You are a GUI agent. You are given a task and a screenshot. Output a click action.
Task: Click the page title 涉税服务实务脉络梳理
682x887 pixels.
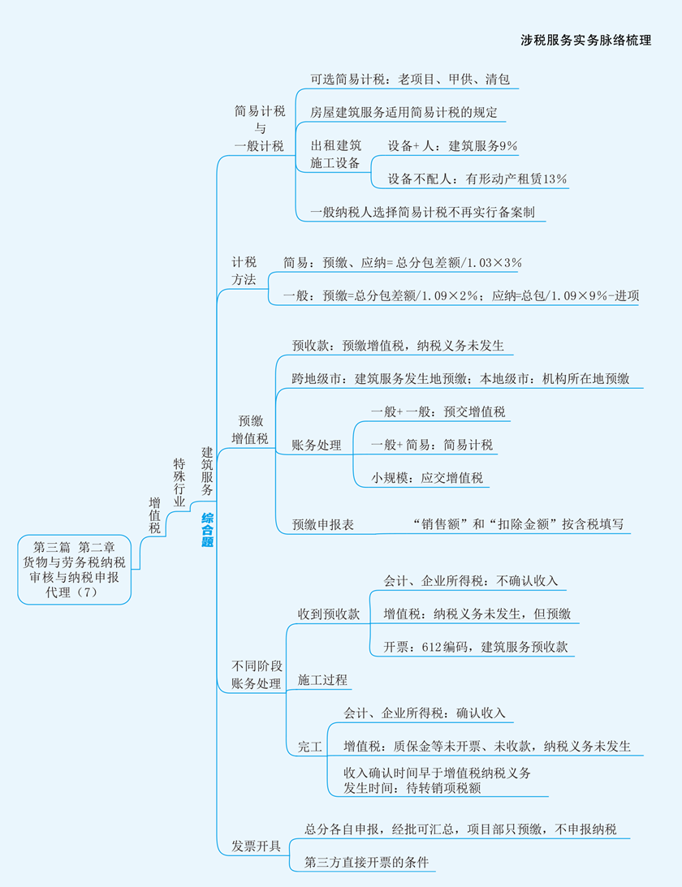[x=585, y=40]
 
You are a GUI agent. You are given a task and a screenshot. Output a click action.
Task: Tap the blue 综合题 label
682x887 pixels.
[x=207, y=530]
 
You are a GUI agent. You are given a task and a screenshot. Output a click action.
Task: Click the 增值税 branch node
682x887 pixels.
[x=154, y=515]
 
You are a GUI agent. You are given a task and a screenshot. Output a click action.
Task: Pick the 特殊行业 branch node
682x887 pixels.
[x=179, y=482]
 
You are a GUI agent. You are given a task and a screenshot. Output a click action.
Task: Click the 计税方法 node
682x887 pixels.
[x=244, y=270]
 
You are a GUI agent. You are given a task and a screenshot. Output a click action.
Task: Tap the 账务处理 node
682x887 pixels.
[x=317, y=446]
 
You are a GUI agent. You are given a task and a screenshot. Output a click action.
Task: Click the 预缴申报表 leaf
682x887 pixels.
[x=323, y=525]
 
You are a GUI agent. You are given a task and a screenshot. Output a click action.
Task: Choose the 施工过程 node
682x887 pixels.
[x=322, y=678]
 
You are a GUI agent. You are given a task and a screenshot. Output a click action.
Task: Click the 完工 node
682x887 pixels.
[x=310, y=746]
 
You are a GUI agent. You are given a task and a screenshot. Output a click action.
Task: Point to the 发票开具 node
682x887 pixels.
[x=256, y=846]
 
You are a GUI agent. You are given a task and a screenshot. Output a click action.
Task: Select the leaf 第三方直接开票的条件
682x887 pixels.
[x=366, y=862]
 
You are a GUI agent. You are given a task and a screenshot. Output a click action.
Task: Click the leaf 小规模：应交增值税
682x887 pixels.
[x=427, y=478]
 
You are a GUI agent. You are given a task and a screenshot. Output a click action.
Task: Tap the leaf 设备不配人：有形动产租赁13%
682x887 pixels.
[x=477, y=179]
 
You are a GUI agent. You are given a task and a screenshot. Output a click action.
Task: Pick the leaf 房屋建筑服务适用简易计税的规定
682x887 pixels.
[x=404, y=113]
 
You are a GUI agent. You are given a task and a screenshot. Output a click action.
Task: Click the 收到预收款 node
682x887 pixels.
[x=328, y=614]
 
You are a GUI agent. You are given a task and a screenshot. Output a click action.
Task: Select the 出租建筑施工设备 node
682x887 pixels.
[x=335, y=154]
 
